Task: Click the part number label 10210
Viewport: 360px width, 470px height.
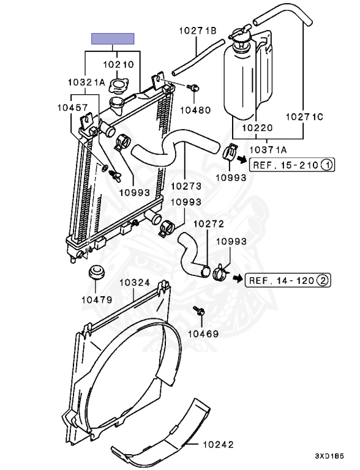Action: (x=118, y=64)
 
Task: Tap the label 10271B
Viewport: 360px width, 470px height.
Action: (x=198, y=31)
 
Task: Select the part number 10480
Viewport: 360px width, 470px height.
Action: (x=195, y=110)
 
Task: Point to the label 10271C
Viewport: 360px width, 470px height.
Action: (x=304, y=117)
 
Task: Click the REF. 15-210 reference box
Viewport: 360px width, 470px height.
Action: (x=292, y=165)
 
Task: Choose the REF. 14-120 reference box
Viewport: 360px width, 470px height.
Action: (x=288, y=280)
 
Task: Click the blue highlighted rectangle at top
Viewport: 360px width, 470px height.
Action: (x=113, y=39)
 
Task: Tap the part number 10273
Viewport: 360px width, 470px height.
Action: (x=186, y=186)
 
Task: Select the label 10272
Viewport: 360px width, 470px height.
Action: (x=209, y=224)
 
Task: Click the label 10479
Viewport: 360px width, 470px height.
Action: (x=97, y=299)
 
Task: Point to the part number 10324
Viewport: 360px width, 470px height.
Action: (x=135, y=282)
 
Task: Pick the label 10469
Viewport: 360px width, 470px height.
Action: (x=203, y=334)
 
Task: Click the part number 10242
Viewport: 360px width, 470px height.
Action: (x=218, y=444)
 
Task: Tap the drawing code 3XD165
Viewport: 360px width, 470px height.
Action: (x=329, y=456)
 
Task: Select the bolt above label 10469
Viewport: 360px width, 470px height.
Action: (x=199, y=310)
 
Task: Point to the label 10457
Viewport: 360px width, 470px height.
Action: (x=73, y=108)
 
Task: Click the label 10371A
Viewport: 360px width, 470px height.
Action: (x=268, y=149)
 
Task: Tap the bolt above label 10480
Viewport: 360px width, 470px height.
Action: (x=193, y=88)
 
